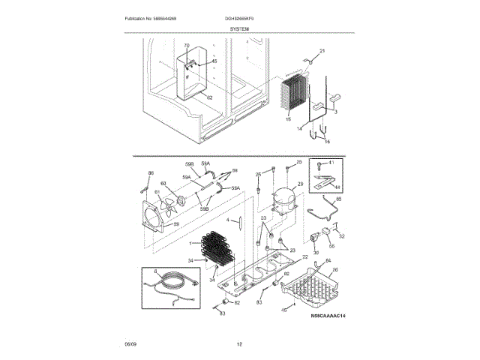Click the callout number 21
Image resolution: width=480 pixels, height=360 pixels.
pos(323,51)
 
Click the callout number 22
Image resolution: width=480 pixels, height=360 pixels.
pos(305,257)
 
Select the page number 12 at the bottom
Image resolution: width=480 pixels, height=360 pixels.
pos(239,344)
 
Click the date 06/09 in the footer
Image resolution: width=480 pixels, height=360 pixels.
pos(130,344)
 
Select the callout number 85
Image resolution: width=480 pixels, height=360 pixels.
pos(337,199)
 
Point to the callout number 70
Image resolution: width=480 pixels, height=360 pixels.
pos(187,46)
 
